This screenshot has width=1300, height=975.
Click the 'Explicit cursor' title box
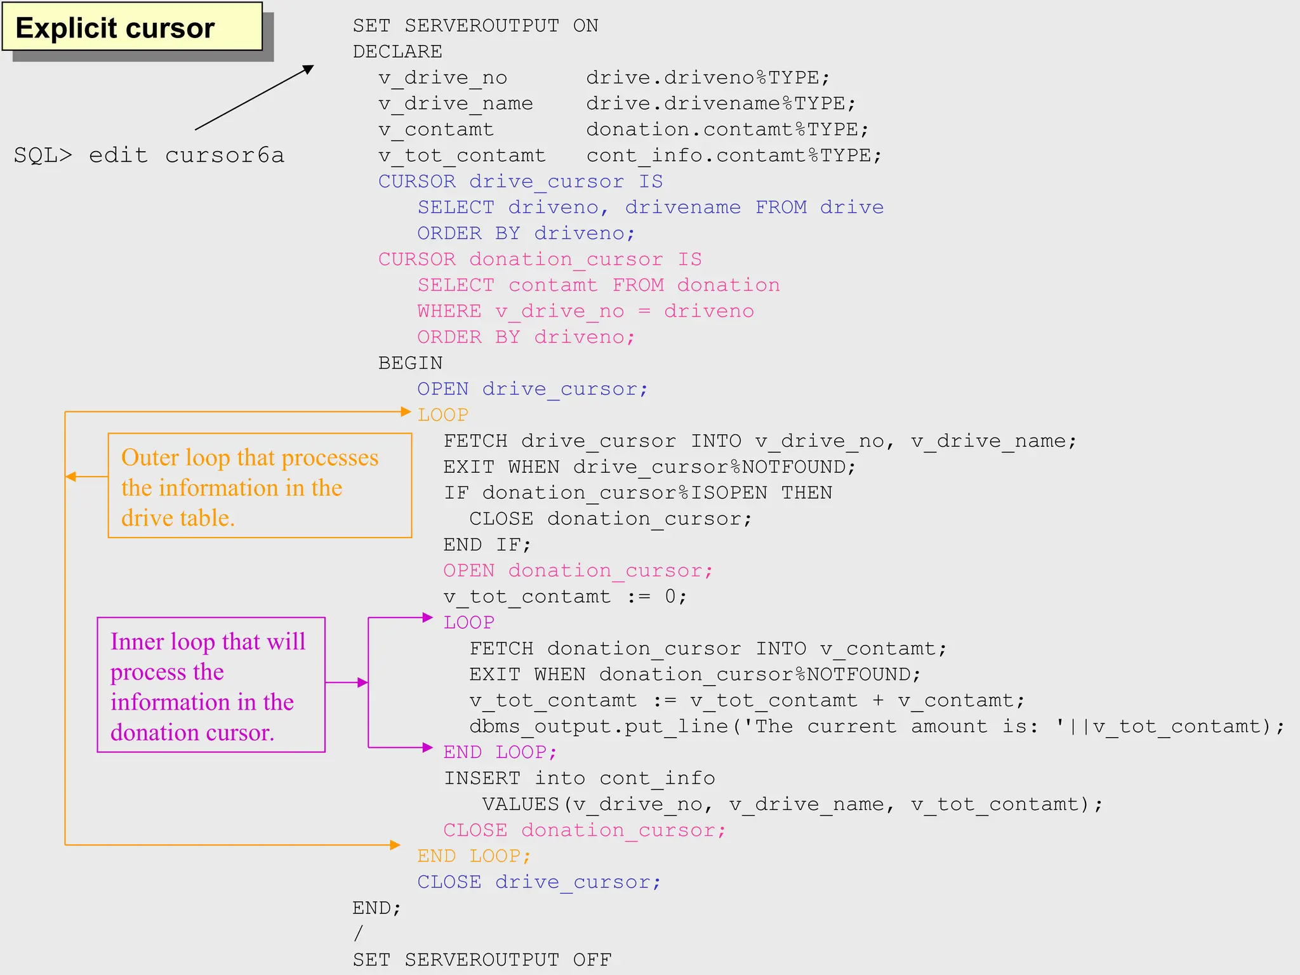(x=132, y=28)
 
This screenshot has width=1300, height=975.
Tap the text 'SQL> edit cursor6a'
(x=149, y=156)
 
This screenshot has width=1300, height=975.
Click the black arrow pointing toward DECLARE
(x=254, y=98)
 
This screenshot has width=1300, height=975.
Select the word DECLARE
(x=397, y=51)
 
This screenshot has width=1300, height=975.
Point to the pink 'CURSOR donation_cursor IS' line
(x=540, y=260)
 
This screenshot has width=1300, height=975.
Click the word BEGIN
(x=410, y=363)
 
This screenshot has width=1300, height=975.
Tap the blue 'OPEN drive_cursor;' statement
(x=532, y=389)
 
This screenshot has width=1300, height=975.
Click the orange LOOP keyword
(x=442, y=415)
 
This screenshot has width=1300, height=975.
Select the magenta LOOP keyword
(x=468, y=623)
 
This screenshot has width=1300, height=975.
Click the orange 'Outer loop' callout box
(x=260, y=486)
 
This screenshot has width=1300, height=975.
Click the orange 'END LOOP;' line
(x=474, y=856)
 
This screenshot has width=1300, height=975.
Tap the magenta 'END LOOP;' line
(x=500, y=752)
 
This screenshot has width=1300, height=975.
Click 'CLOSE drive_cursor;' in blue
(x=538, y=882)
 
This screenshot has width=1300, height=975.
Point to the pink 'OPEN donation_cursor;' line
(x=578, y=571)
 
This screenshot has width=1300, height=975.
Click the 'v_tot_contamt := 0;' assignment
(x=565, y=597)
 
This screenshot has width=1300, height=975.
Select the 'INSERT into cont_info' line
(x=579, y=778)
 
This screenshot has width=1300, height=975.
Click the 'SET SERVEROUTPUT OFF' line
(x=482, y=960)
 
